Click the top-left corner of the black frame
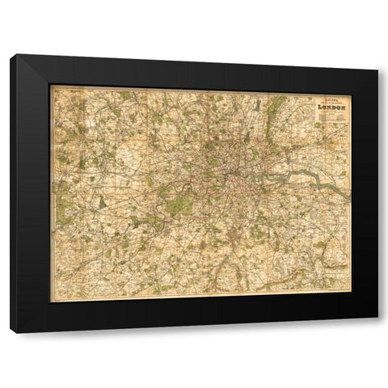[12, 55]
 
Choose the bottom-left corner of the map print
[52, 301]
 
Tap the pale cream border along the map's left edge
[53, 194]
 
